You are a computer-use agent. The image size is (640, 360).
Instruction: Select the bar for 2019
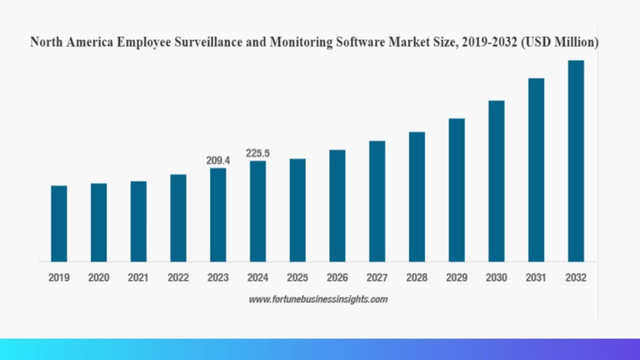pyautogui.click(x=58, y=223)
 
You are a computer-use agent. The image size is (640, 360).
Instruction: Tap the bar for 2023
pyautogui.click(x=218, y=215)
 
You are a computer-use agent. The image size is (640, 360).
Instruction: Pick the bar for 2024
pyautogui.click(x=258, y=211)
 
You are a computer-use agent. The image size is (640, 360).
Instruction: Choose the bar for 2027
pyautogui.click(x=377, y=201)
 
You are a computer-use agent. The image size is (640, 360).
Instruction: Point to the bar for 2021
pyautogui.click(x=138, y=221)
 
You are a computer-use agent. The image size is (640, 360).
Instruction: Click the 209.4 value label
pyautogui.click(x=218, y=159)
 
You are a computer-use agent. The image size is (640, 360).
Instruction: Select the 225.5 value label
pyautogui.click(x=258, y=153)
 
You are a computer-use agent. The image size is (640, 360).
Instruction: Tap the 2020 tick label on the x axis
pyautogui.click(x=98, y=277)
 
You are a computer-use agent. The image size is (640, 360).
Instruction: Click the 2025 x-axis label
pyautogui.click(x=297, y=277)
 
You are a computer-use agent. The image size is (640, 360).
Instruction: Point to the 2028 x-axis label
pyautogui.click(x=417, y=277)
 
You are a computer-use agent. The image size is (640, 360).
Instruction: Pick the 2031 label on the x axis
pyautogui.click(x=536, y=277)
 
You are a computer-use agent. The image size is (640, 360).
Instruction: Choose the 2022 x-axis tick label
pyautogui.click(x=178, y=277)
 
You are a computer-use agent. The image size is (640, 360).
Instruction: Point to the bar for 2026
pyautogui.click(x=337, y=205)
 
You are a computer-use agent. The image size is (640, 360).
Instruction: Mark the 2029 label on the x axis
pyautogui.click(x=457, y=277)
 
